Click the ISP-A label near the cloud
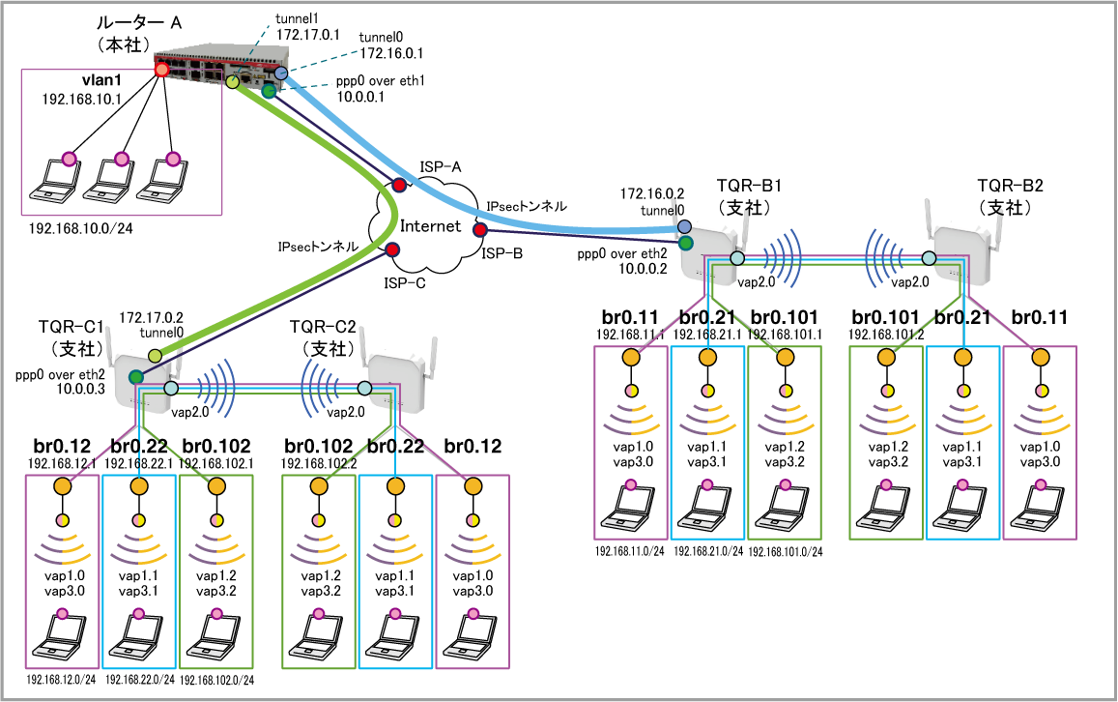click(440, 167)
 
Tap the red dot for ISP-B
click(480, 230)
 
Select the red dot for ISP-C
click(392, 249)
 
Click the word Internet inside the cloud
click(430, 226)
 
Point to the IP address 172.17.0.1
click(307, 34)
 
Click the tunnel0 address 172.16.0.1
click(391, 53)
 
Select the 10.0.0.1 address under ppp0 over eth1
click(360, 97)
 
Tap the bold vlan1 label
click(101, 80)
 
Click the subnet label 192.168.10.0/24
click(80, 229)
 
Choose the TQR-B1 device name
click(749, 186)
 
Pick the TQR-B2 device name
click(1010, 186)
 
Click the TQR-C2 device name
click(323, 327)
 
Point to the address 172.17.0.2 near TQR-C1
click(151, 317)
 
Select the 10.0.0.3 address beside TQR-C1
click(80, 389)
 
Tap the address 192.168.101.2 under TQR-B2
click(885, 335)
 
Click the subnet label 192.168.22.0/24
click(140, 680)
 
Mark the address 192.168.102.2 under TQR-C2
click(319, 464)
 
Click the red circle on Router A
click(161, 70)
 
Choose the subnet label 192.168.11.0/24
click(630, 551)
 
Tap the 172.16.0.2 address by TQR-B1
click(651, 194)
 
